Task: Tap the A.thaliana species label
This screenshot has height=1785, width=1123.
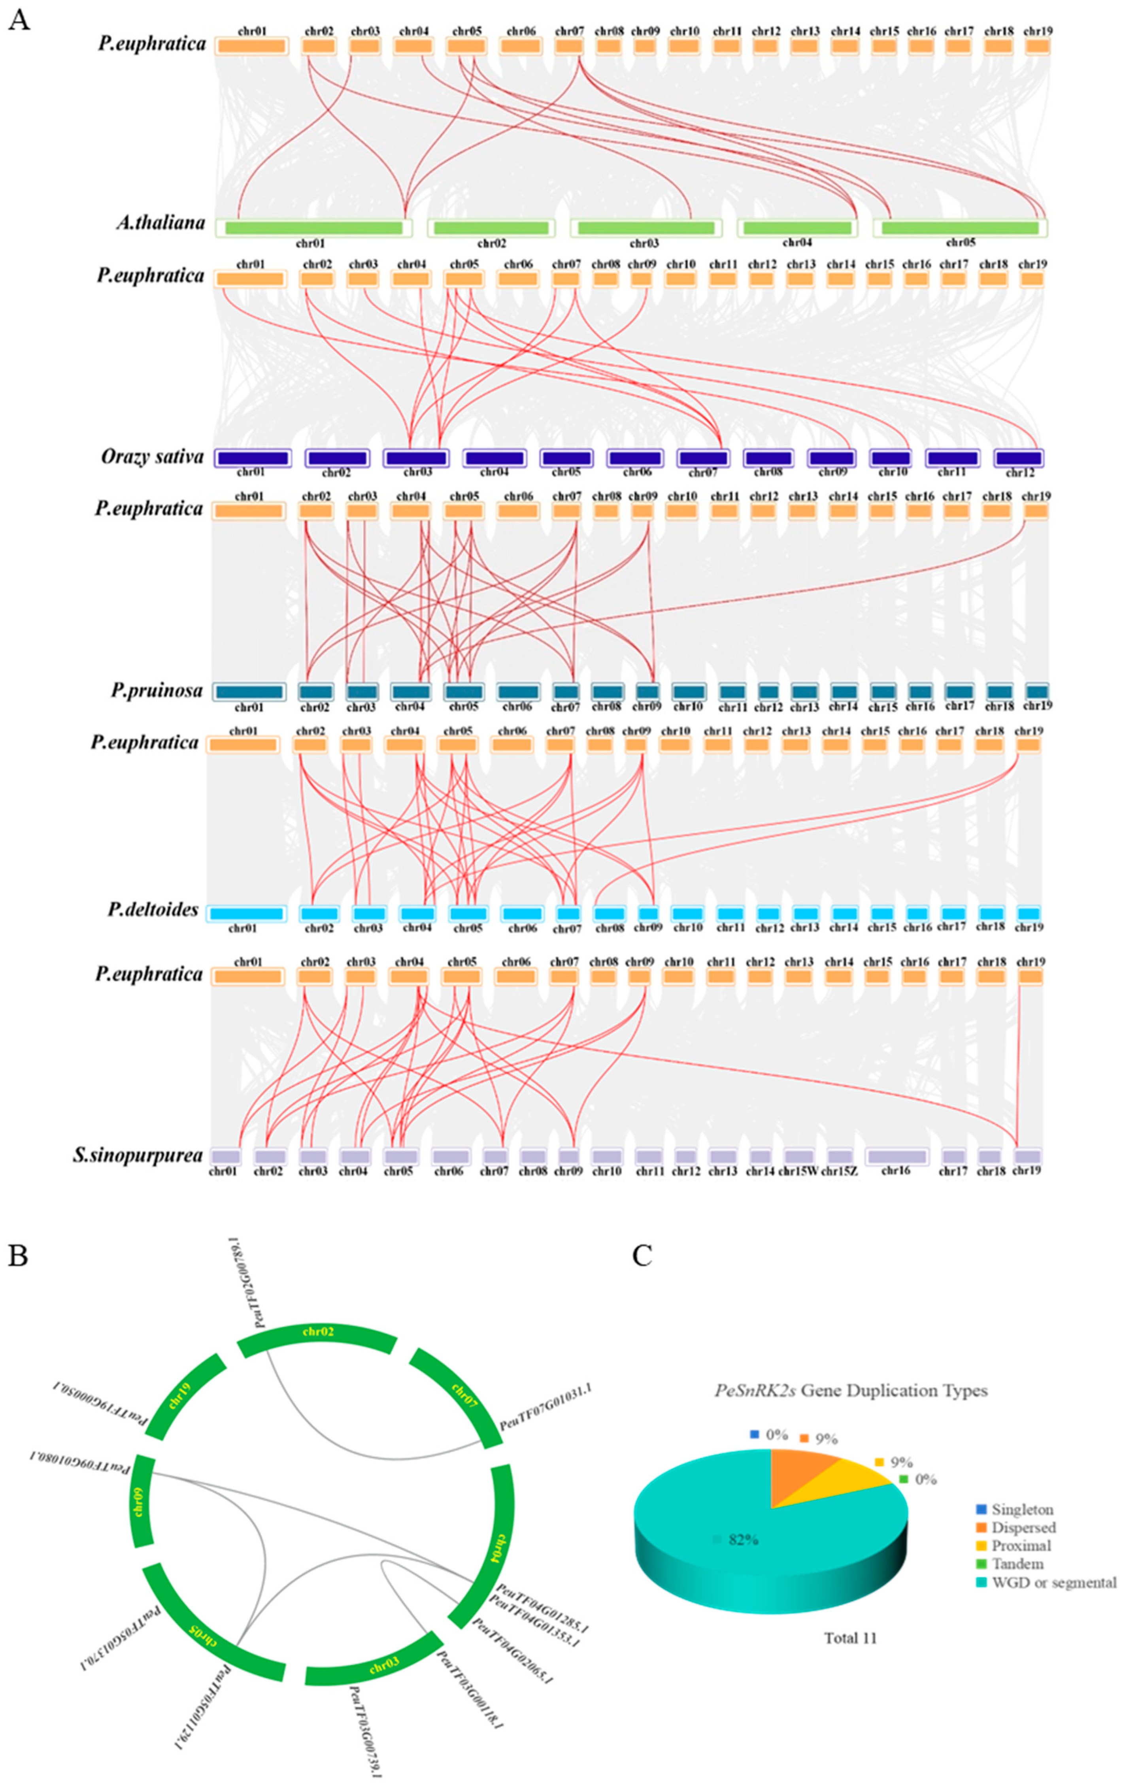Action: tap(160, 222)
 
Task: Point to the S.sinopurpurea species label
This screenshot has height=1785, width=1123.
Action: tap(138, 1155)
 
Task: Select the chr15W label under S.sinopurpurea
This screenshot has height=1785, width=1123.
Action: tap(798, 1171)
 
